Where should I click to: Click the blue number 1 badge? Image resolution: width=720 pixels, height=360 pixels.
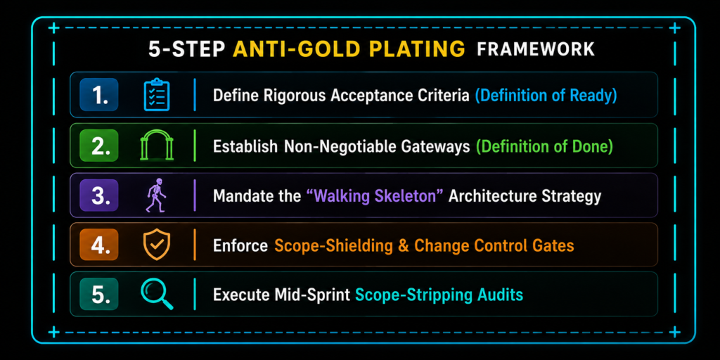(98, 95)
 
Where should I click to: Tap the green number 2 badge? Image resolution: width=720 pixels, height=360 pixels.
(98, 145)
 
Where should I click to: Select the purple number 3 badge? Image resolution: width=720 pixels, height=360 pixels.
(98, 195)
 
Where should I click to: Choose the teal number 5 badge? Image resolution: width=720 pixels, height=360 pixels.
(98, 295)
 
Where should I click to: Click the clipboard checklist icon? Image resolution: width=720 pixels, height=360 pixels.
(157, 95)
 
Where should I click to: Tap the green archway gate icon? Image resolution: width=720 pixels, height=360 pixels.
(157, 146)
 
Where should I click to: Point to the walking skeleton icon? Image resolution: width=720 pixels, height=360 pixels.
(155, 195)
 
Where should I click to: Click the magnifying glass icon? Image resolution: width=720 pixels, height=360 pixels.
(157, 295)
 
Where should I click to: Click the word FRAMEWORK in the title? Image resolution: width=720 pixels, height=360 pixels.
(535, 49)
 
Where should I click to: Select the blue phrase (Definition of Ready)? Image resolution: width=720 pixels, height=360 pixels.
(546, 96)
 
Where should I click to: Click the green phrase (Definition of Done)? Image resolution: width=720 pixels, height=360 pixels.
(545, 146)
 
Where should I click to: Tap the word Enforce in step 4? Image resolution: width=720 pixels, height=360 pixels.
(240, 245)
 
